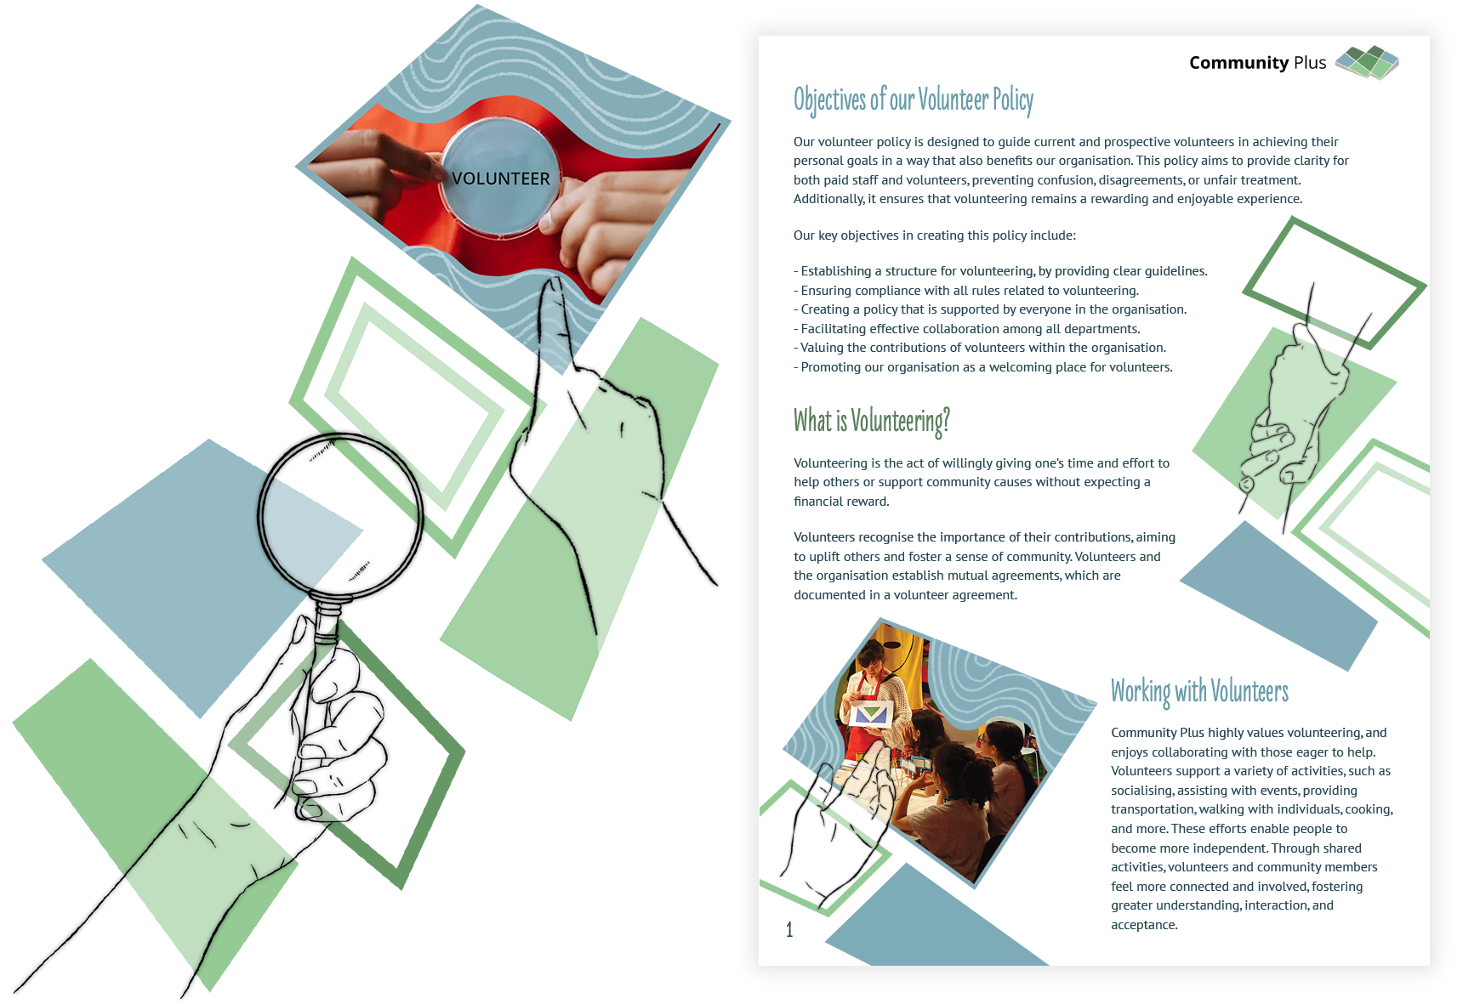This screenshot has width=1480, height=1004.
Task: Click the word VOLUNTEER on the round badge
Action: click(x=500, y=179)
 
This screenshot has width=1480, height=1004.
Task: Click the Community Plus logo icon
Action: click(x=1367, y=62)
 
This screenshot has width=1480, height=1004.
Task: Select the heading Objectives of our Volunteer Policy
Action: click(x=913, y=100)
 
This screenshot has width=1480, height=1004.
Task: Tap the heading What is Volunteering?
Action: click(x=871, y=421)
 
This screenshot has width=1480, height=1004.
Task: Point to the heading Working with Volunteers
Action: click(x=1199, y=691)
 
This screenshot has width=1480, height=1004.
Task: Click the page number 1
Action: click(x=789, y=929)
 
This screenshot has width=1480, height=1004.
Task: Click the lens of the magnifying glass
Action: click(x=339, y=514)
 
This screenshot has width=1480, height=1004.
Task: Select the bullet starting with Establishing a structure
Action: click(x=1000, y=271)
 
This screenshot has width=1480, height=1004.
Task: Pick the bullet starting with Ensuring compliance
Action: click(x=966, y=291)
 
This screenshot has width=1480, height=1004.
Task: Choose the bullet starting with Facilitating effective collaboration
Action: click(x=967, y=329)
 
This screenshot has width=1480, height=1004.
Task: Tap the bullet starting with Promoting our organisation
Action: click(x=983, y=367)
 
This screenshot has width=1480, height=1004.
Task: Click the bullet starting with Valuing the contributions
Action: click(x=980, y=348)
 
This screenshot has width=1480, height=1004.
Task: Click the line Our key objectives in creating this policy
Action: click(x=935, y=235)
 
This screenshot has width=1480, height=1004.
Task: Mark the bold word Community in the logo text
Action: click(x=1238, y=63)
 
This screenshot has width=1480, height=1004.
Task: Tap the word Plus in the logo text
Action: click(x=1310, y=63)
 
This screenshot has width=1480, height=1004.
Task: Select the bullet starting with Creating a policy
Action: click(x=990, y=309)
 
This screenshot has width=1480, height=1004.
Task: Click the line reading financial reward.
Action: click(x=841, y=502)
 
